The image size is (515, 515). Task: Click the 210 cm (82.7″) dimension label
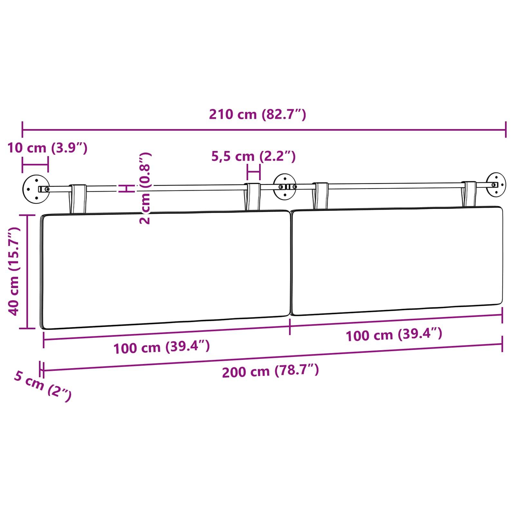point(257,115)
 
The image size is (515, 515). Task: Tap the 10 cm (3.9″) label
point(47,148)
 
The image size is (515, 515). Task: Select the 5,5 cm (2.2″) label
point(253,156)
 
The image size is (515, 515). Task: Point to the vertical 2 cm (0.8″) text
point(145,188)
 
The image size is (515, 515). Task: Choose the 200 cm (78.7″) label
point(270,371)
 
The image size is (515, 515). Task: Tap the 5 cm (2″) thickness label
point(42,386)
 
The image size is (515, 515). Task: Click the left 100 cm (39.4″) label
point(162,347)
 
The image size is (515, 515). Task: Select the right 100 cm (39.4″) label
point(394,335)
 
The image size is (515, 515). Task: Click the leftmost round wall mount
point(36,189)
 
